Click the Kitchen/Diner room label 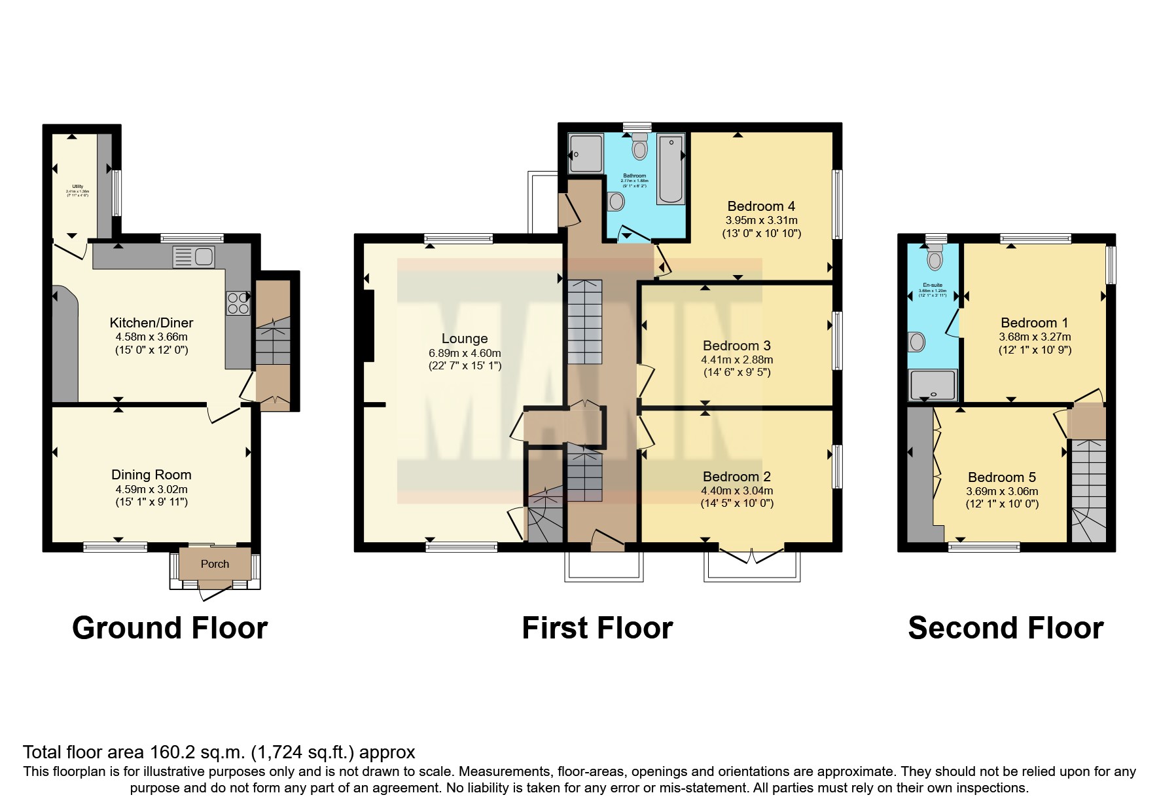coord(151,323)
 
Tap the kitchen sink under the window coord(194,257)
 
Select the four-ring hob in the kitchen coord(238,303)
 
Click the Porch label coord(215,564)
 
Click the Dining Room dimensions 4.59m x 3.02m coord(151,489)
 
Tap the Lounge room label coord(465,339)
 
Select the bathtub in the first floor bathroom coord(671,168)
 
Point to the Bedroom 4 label coord(762,206)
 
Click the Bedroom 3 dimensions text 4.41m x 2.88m coord(737,360)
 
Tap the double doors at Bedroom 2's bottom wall coord(753,557)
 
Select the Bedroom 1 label coord(1034,323)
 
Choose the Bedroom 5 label coord(1002,477)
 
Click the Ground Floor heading coord(169,628)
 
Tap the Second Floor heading coord(1005,628)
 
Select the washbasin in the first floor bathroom coord(616,201)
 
